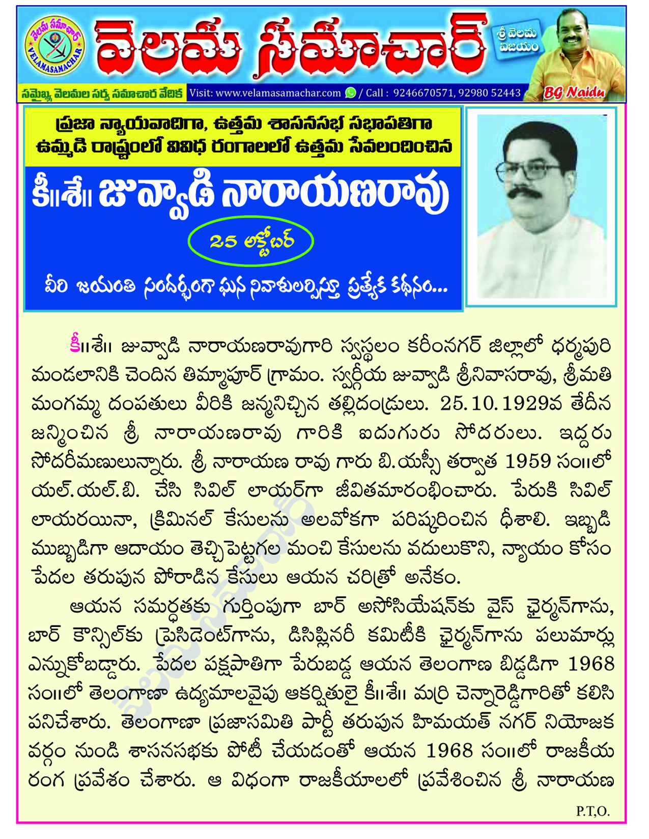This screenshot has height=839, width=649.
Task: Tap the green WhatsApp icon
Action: pos(351,93)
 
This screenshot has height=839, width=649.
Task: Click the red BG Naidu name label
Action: pos(574,93)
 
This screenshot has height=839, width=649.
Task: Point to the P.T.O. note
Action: pos(593,811)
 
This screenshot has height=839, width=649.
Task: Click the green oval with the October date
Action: pos(250,242)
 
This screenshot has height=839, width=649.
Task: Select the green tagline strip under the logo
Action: pos(102,94)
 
